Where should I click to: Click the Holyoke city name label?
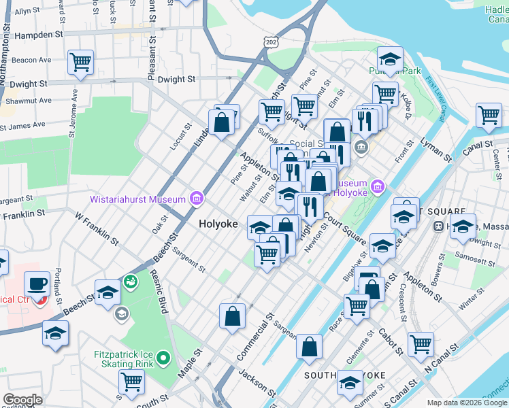(x=218, y=224)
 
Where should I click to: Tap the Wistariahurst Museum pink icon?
(x=197, y=199)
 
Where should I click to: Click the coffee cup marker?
(x=37, y=283)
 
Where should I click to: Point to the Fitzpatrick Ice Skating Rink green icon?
(x=163, y=356)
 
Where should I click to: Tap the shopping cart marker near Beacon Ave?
(x=80, y=63)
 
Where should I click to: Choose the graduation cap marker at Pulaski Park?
(x=390, y=58)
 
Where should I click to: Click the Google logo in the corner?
(x=22, y=400)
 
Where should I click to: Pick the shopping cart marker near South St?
(x=131, y=381)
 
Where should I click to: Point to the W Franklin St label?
(x=97, y=231)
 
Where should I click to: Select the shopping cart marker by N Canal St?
(x=421, y=343)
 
